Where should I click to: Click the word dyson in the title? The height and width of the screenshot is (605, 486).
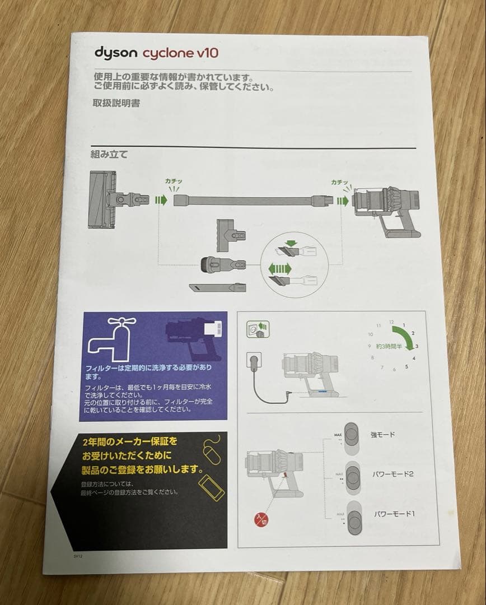(x=115, y=53)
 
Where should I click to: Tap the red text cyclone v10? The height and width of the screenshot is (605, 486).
(x=180, y=54)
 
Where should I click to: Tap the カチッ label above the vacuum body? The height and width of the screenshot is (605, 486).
(x=340, y=182)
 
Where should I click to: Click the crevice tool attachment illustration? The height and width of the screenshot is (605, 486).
(x=218, y=286)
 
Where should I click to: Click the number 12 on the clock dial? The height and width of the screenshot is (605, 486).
(x=391, y=322)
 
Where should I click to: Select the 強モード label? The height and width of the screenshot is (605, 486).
(x=383, y=434)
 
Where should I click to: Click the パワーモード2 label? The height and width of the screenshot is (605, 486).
(x=393, y=474)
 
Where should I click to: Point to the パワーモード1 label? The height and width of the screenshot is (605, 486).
(x=393, y=514)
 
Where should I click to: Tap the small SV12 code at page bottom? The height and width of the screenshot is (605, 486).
(x=77, y=557)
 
